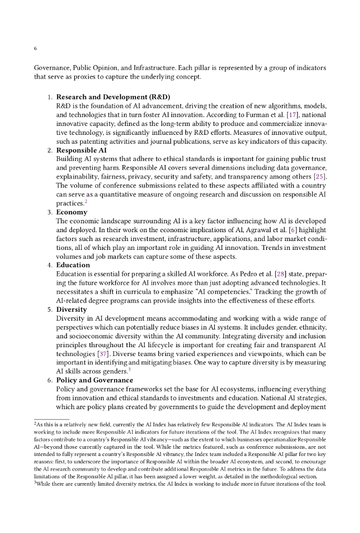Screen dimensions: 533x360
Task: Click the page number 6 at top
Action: [35, 48]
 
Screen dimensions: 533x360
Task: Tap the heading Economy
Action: [72, 212]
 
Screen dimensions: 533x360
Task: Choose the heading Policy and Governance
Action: [94, 380]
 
